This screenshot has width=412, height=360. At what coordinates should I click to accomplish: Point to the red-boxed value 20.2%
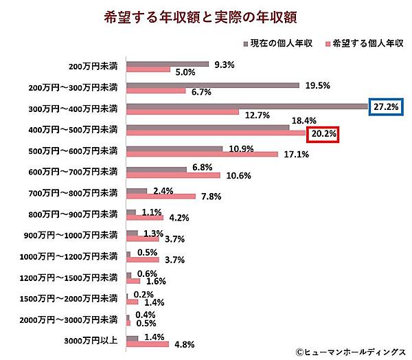[323, 134]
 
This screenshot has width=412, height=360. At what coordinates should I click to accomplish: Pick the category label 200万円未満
[93, 67]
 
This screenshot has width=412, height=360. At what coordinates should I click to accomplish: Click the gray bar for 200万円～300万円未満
[213, 85]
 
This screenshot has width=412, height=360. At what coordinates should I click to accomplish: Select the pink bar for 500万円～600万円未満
[202, 154]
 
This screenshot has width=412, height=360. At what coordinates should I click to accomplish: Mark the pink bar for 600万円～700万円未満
[173, 175]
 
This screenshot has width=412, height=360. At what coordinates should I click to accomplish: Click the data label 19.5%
[317, 85]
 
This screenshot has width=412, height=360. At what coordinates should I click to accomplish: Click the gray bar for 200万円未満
[168, 65]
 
